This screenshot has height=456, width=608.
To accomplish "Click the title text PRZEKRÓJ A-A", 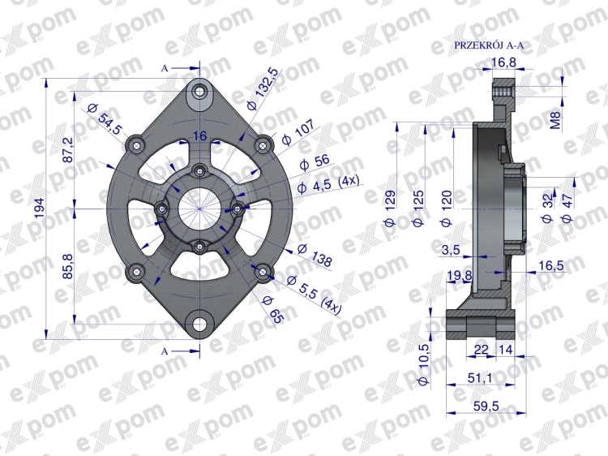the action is point(489,45).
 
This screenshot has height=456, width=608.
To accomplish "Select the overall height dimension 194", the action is point(40,208).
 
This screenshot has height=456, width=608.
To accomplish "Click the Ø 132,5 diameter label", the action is point(262,88).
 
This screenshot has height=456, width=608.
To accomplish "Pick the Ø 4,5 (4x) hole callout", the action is point(328,184).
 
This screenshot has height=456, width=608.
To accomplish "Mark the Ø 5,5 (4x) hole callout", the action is point(314,295).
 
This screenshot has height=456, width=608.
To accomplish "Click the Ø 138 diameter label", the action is point(315,255).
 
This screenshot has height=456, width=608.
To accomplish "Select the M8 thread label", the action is point(555,120).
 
